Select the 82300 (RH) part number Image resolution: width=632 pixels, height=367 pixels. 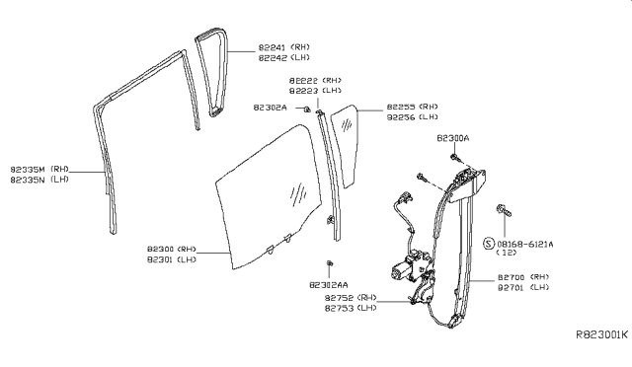[x=173, y=250]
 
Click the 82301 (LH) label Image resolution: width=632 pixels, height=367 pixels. [x=173, y=260]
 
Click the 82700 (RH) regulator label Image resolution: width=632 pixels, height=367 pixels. [x=524, y=277]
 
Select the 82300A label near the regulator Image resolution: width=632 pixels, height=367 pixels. [x=453, y=140]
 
